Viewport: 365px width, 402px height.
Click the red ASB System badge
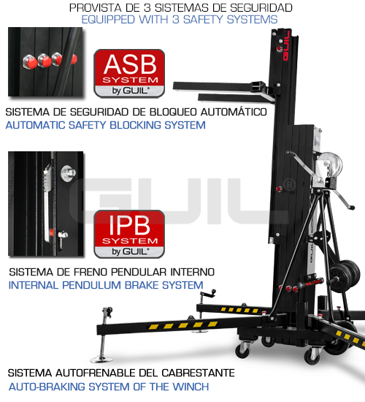(129, 74)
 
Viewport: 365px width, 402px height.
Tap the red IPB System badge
(129, 234)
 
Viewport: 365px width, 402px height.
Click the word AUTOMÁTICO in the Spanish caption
(234, 112)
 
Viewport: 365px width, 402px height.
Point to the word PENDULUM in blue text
(91, 285)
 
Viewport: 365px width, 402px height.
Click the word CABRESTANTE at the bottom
(198, 373)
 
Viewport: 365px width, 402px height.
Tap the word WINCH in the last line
(191, 387)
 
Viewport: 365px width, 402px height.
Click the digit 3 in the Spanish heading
(147, 8)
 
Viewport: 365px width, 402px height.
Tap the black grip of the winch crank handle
(350, 207)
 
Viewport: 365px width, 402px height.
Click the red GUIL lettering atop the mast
(285, 45)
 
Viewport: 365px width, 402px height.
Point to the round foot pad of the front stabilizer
(101, 359)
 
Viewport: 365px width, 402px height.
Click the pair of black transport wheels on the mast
(344, 276)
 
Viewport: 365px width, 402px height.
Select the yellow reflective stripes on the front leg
(183, 325)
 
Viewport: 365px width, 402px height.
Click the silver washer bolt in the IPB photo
(68, 172)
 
